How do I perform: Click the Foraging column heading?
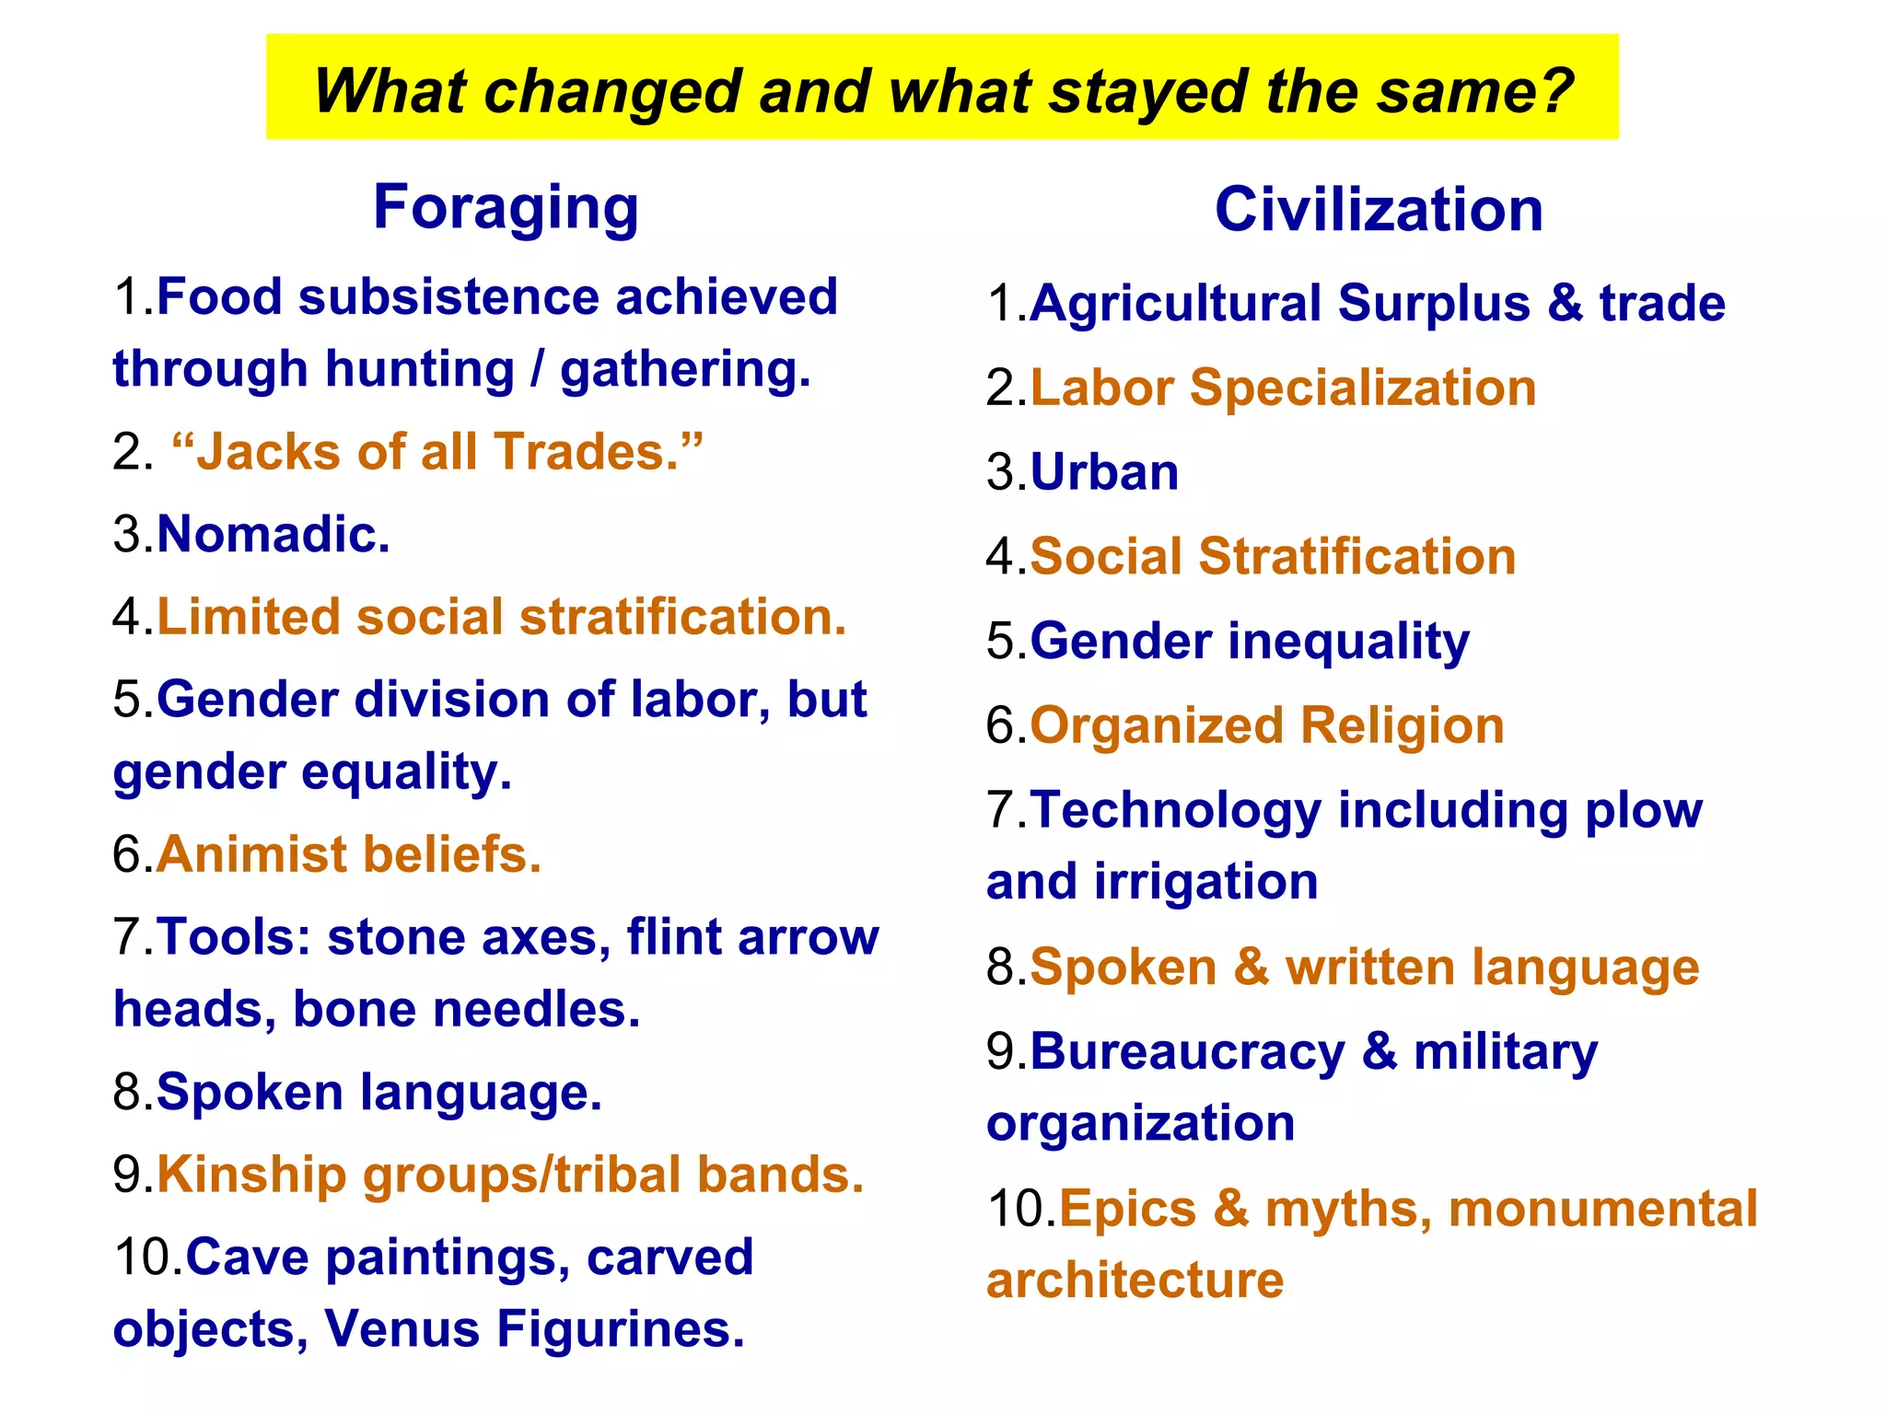tap(506, 208)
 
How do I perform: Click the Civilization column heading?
tap(1379, 210)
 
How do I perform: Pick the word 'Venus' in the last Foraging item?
tap(402, 1329)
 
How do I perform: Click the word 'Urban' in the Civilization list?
tap(1104, 472)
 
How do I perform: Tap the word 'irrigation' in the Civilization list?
tap(1206, 882)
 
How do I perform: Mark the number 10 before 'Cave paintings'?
tap(146, 1258)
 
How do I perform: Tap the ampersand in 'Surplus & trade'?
tap(1564, 303)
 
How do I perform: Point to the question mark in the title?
tap(1554, 92)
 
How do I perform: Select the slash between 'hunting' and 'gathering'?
tap(538, 369)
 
